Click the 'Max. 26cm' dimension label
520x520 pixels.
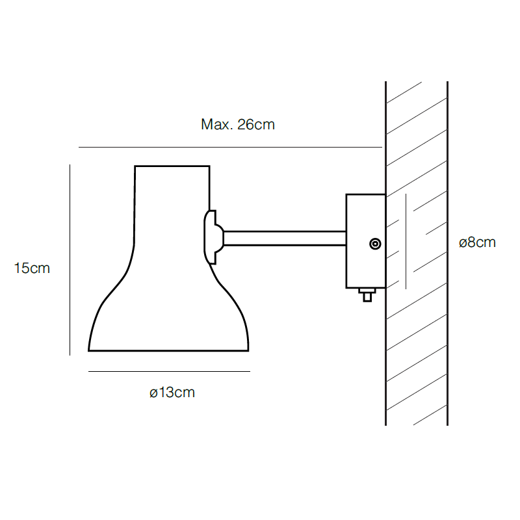pos(237,125)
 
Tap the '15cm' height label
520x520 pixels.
pos(32,267)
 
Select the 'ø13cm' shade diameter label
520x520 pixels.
pos(172,393)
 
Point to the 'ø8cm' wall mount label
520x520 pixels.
pos(476,242)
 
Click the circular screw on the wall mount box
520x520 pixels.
pos(375,244)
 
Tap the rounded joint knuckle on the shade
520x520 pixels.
pos(212,237)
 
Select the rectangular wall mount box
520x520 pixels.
pos(365,221)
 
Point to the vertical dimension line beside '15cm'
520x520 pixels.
pos(70,260)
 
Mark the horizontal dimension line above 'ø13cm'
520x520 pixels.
pos(169,371)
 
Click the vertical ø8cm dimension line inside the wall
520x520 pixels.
pos(406,241)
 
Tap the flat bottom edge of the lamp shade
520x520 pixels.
pos(169,351)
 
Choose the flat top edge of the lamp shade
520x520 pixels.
pos(172,166)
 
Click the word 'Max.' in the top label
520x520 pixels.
pos(215,125)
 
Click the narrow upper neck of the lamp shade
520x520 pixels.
pos(172,208)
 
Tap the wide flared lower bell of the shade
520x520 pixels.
pos(169,318)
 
